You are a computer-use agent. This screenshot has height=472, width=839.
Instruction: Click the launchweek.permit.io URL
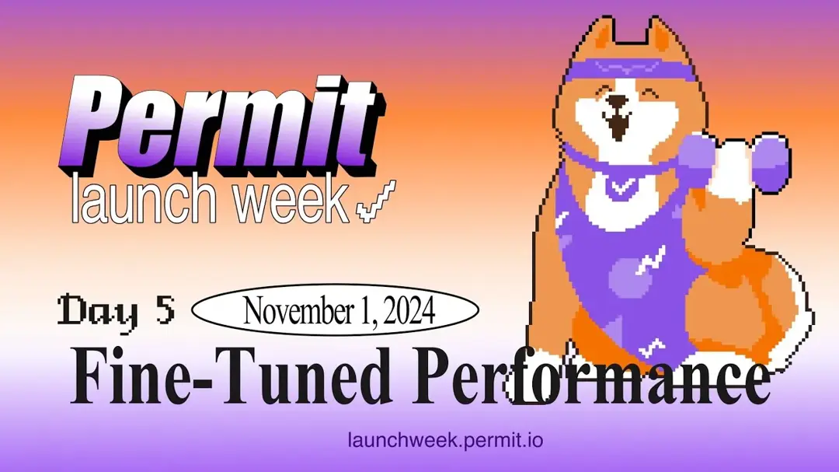(x=444, y=440)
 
